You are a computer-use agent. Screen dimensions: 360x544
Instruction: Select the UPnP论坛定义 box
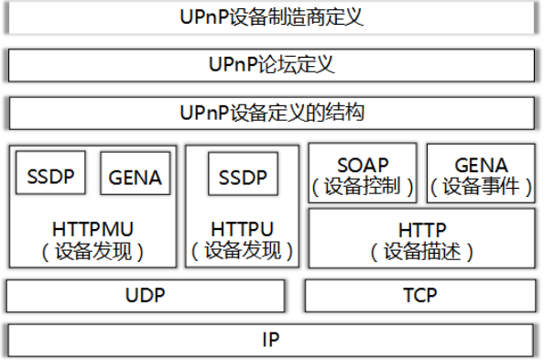(x=272, y=65)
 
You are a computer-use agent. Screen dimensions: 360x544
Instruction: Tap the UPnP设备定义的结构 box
(x=272, y=114)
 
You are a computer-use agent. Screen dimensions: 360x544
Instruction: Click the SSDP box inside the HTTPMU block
(x=50, y=174)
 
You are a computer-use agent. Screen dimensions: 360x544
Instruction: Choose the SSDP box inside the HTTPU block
(x=243, y=174)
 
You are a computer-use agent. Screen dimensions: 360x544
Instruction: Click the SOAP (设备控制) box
(x=362, y=174)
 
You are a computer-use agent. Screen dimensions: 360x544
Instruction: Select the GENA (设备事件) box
(x=481, y=174)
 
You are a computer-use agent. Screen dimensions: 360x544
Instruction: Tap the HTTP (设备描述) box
(x=421, y=237)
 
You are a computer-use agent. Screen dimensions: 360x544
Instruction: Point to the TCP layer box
(x=419, y=296)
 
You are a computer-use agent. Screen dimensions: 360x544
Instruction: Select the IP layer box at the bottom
(x=272, y=340)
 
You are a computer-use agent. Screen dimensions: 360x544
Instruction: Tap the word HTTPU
(x=243, y=226)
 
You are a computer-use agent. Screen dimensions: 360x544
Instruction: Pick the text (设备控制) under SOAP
(x=362, y=186)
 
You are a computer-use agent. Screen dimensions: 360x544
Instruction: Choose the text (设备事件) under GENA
(x=481, y=186)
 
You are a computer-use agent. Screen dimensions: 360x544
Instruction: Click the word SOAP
(x=362, y=165)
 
